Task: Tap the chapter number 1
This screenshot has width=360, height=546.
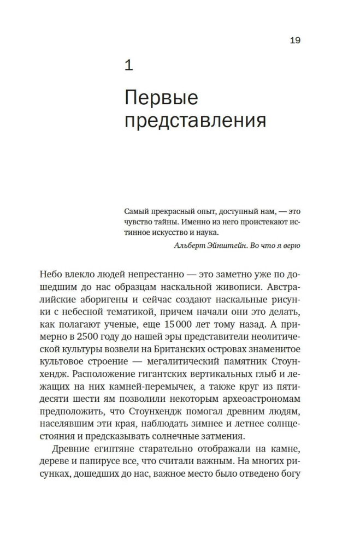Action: coord(129,66)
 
